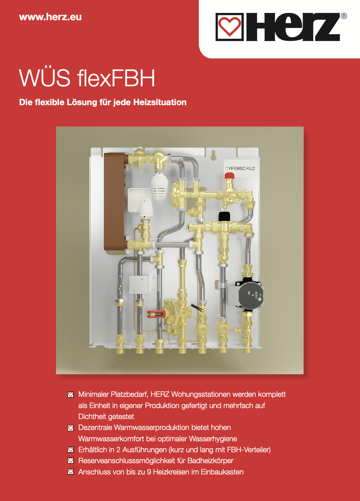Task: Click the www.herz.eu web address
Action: pos(50,17)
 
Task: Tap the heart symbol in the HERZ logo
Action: pos(229,27)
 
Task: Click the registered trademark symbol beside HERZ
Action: pos(343,16)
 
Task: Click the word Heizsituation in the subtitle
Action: pos(160,103)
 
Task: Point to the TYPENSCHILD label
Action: pos(240,169)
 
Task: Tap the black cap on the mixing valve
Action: pos(224,216)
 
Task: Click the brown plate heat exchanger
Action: pos(115,203)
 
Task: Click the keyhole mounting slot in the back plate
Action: pos(213,155)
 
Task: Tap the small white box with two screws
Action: pos(139,284)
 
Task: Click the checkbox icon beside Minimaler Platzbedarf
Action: pos(71,394)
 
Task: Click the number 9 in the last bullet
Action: pos(149,472)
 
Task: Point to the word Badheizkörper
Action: pos(210,461)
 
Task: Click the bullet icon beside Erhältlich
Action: pos(71,450)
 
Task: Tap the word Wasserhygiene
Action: pos(213,439)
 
